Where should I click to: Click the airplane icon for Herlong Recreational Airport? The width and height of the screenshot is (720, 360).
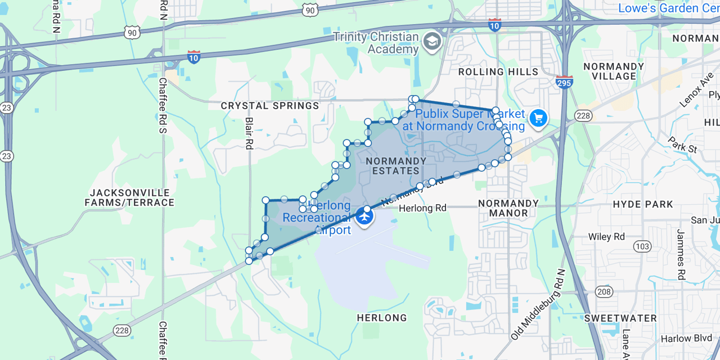365,216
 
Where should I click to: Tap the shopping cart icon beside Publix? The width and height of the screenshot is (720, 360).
538,118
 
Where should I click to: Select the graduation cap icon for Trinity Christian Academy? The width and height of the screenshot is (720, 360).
432,41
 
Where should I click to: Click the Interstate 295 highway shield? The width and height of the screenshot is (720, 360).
564,82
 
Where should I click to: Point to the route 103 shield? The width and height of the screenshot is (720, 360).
642,246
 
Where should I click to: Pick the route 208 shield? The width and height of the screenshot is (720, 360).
604,291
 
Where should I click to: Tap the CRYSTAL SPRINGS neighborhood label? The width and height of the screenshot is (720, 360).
269,106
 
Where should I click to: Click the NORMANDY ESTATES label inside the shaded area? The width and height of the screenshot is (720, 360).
396,166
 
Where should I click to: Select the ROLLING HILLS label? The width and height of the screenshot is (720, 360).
498,72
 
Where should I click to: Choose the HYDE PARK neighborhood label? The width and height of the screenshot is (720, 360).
643,204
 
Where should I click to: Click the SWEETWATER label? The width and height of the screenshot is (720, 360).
620,318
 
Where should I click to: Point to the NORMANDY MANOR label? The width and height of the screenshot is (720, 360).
508,208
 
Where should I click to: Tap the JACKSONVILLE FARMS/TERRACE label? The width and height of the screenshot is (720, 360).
129,197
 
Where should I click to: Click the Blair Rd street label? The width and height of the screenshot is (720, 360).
250,133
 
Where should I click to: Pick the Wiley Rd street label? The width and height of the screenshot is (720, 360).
606,237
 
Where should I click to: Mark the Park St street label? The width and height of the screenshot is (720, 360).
682,145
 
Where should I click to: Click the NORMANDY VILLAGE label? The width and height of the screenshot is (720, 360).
613,71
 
